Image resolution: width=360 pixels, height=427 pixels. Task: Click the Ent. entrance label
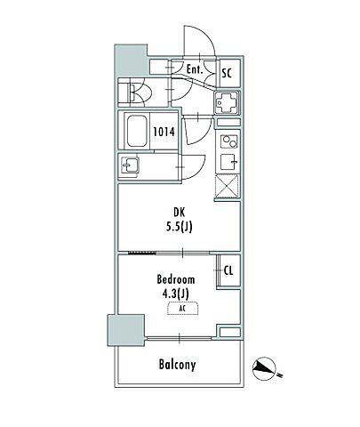[x=195, y=69]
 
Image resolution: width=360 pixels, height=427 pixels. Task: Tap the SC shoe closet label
[x=227, y=73]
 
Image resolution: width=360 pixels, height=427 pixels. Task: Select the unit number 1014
[x=164, y=132]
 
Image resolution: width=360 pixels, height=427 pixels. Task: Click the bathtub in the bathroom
[x=137, y=131]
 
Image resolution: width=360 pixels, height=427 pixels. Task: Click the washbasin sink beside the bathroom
[x=130, y=165]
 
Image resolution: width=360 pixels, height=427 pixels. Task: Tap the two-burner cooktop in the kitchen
[x=230, y=141]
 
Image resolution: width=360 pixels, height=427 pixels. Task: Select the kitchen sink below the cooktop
[x=230, y=162]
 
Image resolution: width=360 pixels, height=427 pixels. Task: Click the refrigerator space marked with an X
[x=227, y=187]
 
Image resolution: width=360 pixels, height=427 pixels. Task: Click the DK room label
[x=179, y=213]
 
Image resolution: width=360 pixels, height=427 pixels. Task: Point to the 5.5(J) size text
[x=179, y=227]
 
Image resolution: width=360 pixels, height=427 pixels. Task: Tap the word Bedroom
[x=176, y=279]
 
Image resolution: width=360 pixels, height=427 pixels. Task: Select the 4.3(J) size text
[x=176, y=294]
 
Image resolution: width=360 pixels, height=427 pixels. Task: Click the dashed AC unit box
[x=183, y=309]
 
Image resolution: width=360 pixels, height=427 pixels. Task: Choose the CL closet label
[x=228, y=270]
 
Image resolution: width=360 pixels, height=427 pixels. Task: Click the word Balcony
[x=177, y=365]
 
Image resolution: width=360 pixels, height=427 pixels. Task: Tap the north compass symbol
[x=264, y=368]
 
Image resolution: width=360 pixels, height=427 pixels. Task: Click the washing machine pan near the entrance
[x=227, y=102]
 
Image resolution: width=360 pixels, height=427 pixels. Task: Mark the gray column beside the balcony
[x=125, y=330]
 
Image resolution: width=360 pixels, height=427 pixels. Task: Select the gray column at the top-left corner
[x=131, y=60]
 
